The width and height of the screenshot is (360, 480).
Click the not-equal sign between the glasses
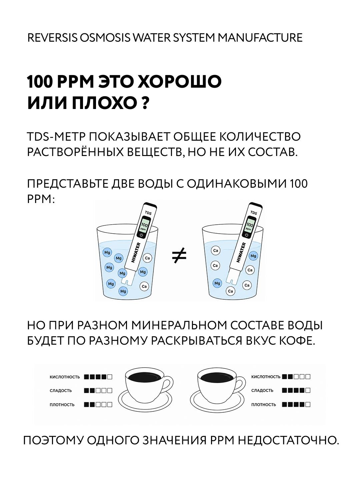click(179, 255)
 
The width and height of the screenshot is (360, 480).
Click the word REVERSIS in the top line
click(52, 38)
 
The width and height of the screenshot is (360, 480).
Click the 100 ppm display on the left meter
click(144, 226)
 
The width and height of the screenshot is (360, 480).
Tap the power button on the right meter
click(247, 235)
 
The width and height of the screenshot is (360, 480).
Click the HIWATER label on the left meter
click(136, 252)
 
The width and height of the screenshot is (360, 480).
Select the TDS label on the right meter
click(253, 213)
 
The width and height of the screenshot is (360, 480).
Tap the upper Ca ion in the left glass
click(147, 258)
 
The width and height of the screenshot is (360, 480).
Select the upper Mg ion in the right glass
click(253, 256)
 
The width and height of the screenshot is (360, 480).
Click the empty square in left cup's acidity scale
click(110, 377)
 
